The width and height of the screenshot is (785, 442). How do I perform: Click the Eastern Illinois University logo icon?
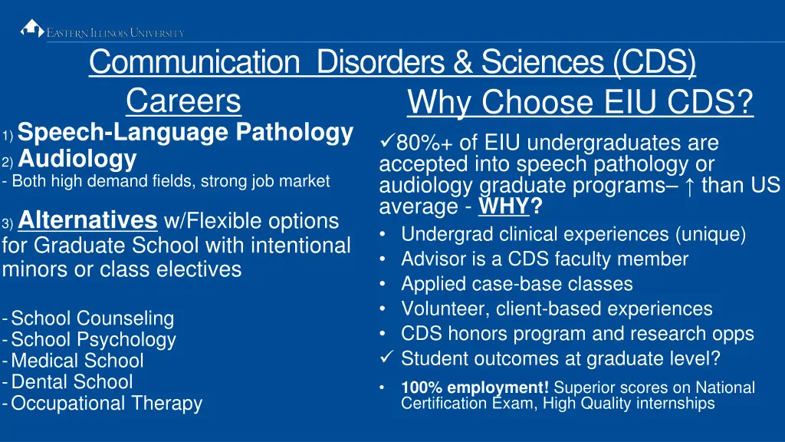click(x=31, y=29)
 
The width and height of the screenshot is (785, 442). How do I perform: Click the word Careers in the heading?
click(x=183, y=101)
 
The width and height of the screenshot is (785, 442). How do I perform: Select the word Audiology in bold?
click(x=77, y=160)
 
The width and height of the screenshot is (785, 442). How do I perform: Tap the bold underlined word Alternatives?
click(x=87, y=220)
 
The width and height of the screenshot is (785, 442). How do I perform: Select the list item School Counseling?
click(x=93, y=318)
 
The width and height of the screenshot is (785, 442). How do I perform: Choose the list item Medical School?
click(x=77, y=361)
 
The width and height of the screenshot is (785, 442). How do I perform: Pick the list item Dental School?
click(x=72, y=381)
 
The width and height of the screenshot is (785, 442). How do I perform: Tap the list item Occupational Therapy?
click(x=107, y=403)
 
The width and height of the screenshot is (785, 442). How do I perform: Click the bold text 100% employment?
click(x=475, y=388)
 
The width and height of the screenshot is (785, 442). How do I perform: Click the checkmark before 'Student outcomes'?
click(x=386, y=358)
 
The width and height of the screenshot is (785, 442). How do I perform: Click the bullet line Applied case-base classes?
click(x=517, y=284)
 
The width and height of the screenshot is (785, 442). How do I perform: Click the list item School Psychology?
click(x=94, y=340)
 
